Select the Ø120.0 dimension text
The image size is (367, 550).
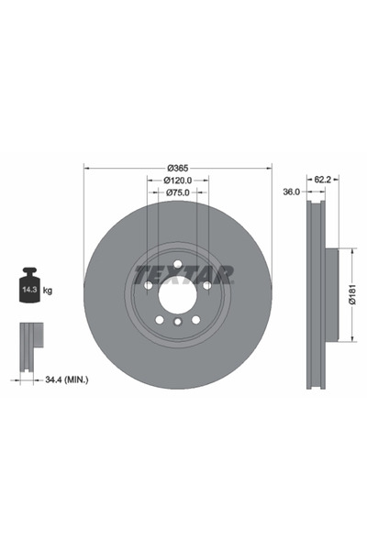point(178,180)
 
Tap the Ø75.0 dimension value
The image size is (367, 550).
point(178,193)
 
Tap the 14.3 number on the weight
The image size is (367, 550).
point(30,290)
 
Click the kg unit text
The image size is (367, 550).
point(48,291)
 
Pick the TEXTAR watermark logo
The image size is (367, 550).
point(184,273)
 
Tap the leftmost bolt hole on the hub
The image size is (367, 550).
point(147,286)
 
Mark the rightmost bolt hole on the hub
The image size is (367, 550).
point(207,286)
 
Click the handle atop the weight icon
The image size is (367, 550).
point(30,272)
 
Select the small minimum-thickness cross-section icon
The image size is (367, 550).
point(30,338)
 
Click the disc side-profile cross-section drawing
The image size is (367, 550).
point(317,295)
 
